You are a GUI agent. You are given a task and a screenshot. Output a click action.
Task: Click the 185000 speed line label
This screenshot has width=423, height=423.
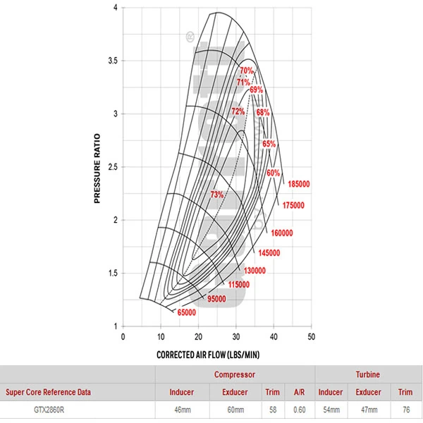coord(299,184)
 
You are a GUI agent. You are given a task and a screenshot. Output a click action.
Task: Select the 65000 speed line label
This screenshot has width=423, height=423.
coord(186,312)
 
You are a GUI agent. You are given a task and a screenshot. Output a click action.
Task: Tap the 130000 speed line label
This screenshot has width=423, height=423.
coord(255,271)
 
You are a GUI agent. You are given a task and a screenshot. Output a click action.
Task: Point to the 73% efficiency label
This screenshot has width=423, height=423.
coord(217,195)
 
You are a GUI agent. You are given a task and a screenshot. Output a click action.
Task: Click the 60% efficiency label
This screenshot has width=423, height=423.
coord(274,173)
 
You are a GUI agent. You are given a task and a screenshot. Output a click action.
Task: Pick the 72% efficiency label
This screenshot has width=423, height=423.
coord(238,111)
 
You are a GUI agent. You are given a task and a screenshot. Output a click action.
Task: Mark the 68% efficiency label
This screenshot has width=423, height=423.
coord(263,112)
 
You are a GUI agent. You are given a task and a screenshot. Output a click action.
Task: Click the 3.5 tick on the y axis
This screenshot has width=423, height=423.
coord(113,61)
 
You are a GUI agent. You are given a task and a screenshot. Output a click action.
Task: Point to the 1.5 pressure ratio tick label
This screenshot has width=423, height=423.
coord(113,273)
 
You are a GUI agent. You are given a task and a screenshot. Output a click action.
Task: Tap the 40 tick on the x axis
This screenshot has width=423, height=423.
coord(274,337)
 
